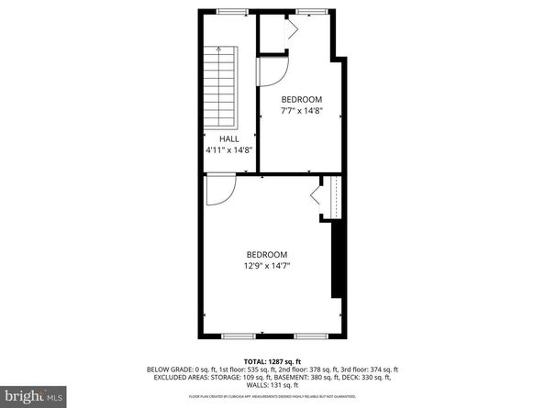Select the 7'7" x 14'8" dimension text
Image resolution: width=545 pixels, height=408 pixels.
[302, 110]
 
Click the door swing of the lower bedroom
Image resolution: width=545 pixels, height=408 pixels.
[219, 190]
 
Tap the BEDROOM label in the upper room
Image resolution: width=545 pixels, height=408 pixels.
[302, 99]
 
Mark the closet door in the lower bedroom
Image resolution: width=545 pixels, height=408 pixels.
[317, 196]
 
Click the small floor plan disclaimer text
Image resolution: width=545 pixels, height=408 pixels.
[272, 395]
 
